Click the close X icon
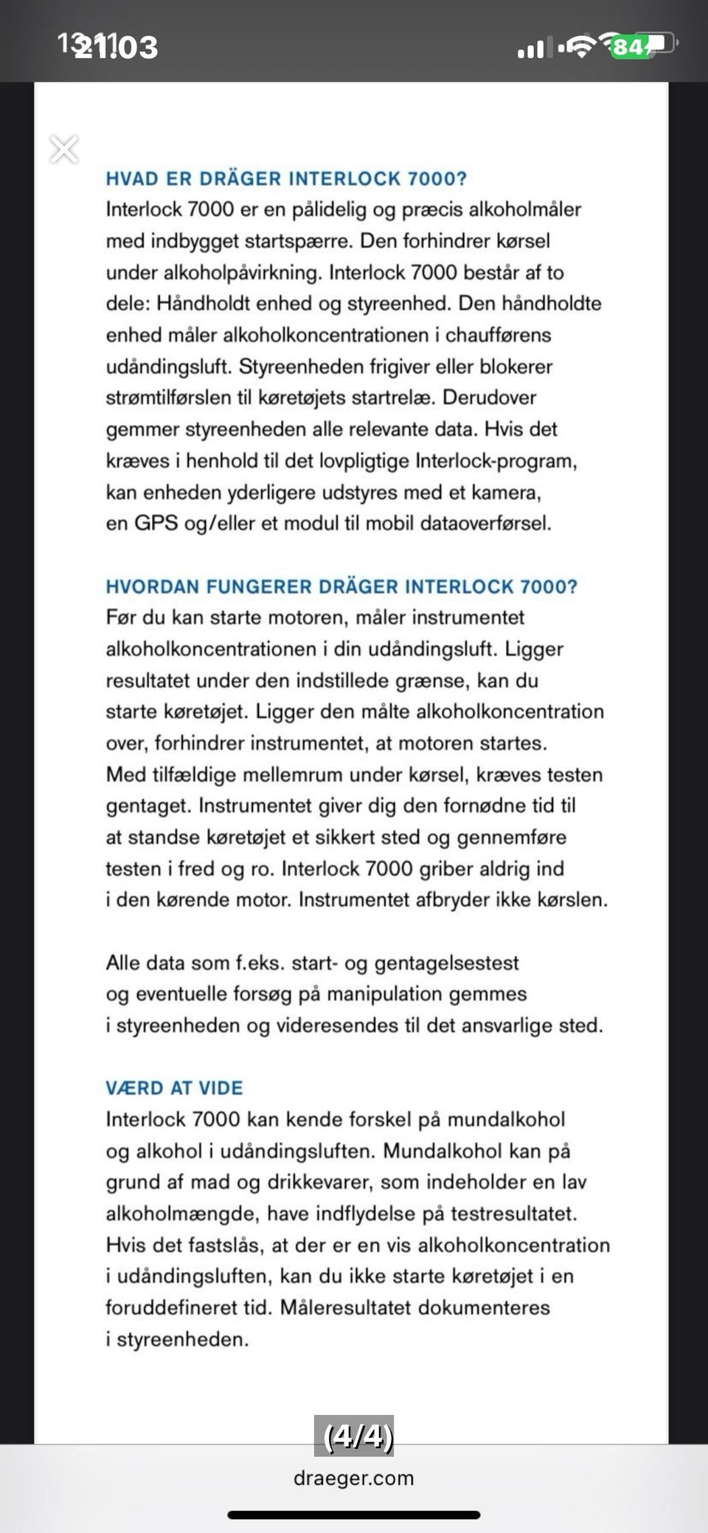64,150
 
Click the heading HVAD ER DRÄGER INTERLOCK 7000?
286,179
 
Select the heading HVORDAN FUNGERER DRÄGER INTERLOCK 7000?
341,586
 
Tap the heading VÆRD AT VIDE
174,1088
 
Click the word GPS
156,524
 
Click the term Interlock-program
496,461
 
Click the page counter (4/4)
355,1436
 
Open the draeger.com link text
354,1478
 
